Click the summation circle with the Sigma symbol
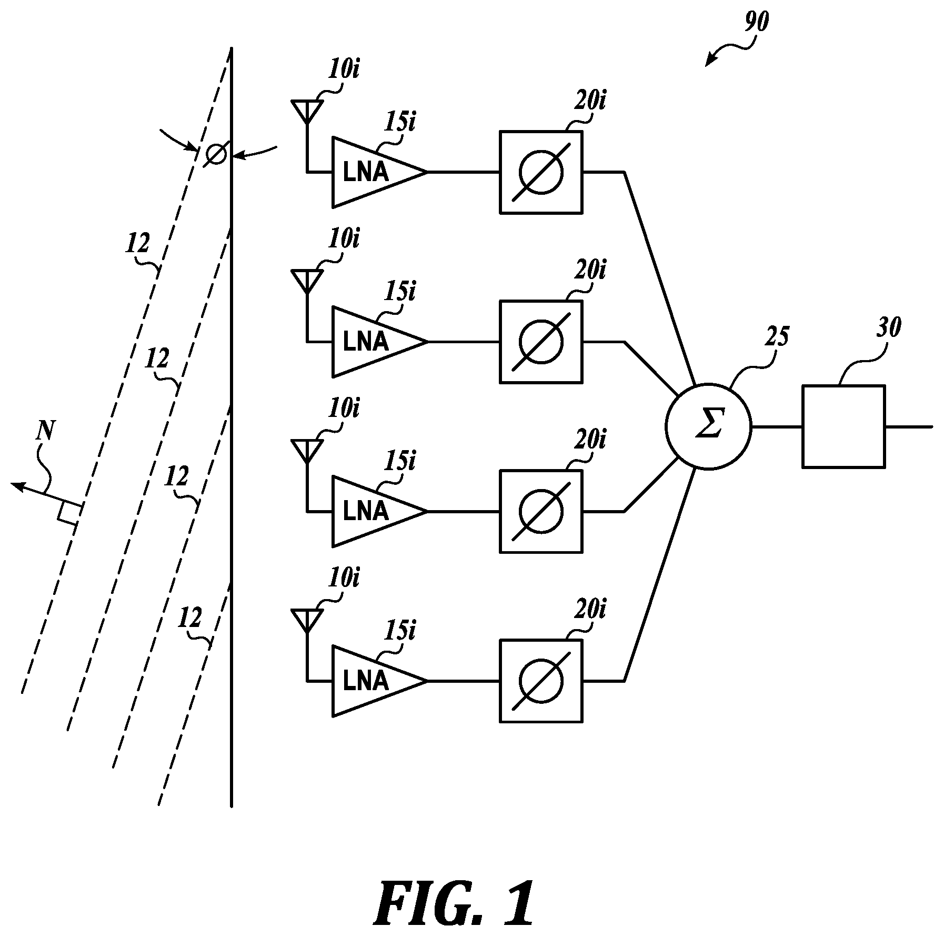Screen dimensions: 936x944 click(708, 426)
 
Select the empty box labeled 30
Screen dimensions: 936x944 click(843, 426)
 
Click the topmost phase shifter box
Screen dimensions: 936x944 click(540, 172)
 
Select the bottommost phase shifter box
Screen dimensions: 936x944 click(540, 681)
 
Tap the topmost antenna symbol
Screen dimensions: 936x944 click(307, 111)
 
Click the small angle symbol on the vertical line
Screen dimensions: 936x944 click(215, 154)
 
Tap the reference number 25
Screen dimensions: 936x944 click(777, 335)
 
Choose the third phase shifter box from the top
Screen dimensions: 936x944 click(540, 511)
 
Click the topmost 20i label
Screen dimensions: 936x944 click(589, 99)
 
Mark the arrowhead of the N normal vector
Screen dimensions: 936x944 click(16, 485)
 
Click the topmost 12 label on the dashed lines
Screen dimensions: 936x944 click(137, 243)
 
